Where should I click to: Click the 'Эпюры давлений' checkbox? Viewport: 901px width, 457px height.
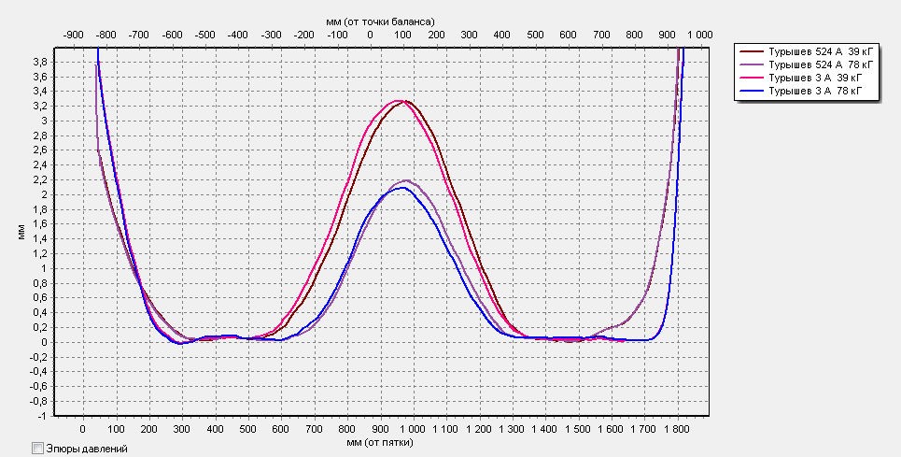pyautogui.click(x=38, y=449)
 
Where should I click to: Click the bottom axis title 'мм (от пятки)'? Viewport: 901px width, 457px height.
pyautogui.click(x=379, y=441)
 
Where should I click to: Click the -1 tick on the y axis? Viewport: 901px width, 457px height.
pyautogui.click(x=43, y=415)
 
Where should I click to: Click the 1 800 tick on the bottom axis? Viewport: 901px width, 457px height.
pyautogui.click(x=677, y=429)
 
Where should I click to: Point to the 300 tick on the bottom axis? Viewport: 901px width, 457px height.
pyautogui.click(x=181, y=429)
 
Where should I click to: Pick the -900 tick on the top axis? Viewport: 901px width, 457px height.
pyautogui.click(x=73, y=34)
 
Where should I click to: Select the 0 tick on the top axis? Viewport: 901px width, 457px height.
pyautogui.click(x=370, y=34)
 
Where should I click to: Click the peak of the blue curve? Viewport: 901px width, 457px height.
pyautogui.click(x=401, y=188)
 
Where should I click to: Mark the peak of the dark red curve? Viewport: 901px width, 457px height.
pyautogui.click(x=407, y=101)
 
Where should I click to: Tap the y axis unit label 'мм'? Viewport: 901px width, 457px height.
pyautogui.click(x=21, y=234)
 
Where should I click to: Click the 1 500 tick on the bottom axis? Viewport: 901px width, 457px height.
pyautogui.click(x=580, y=429)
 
